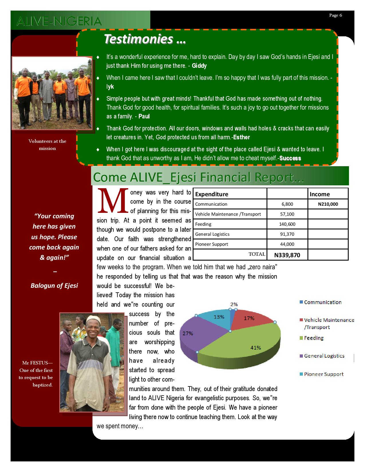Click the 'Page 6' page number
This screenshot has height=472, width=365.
(336, 15)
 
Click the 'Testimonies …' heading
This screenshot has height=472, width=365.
(145, 39)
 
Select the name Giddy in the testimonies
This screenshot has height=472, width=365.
(199, 66)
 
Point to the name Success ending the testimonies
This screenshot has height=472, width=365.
(290, 158)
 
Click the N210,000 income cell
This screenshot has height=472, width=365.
(328, 204)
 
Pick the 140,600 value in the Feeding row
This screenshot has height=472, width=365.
(287, 224)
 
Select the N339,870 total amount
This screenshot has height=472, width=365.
(287, 255)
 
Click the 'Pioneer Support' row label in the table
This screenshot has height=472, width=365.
(212, 244)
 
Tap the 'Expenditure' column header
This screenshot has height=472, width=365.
(212, 194)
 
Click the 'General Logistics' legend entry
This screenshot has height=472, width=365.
(324, 356)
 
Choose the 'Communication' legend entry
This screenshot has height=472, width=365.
(323, 302)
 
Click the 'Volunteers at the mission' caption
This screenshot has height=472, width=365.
(47, 145)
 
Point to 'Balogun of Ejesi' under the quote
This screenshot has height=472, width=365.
(54, 285)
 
